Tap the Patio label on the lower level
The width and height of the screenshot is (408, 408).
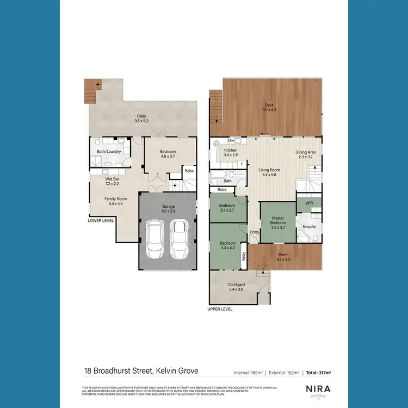[x=141, y=118]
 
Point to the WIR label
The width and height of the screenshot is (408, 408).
[x=309, y=203]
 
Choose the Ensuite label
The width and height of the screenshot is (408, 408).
[x=310, y=226]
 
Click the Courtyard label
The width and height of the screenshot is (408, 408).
[x=236, y=287]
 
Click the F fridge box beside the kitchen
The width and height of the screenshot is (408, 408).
[x=242, y=163]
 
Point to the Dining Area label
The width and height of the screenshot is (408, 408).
[x=306, y=154]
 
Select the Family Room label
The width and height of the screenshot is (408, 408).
[x=115, y=201]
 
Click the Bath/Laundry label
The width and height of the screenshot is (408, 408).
[x=109, y=151]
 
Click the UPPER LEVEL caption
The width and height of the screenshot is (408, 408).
[x=220, y=308]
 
